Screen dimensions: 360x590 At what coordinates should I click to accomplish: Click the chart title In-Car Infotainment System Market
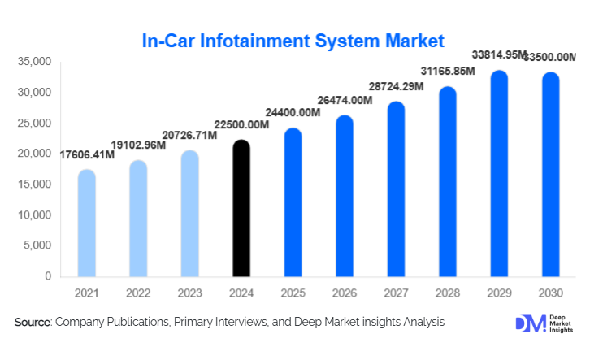coord(293,40)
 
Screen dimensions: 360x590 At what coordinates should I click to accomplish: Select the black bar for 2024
coord(241,210)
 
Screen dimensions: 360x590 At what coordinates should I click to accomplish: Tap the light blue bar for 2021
coord(86,224)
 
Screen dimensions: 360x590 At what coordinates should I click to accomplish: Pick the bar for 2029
coord(499,175)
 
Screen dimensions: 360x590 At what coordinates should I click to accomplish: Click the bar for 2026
coord(345,197)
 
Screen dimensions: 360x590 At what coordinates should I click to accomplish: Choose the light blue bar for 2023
coord(189,215)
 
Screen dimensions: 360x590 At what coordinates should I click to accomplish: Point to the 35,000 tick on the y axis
coord(34,62)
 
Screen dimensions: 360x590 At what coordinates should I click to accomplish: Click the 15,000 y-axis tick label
coord(34,184)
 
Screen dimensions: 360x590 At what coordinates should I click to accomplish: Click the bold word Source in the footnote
coord(33,323)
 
